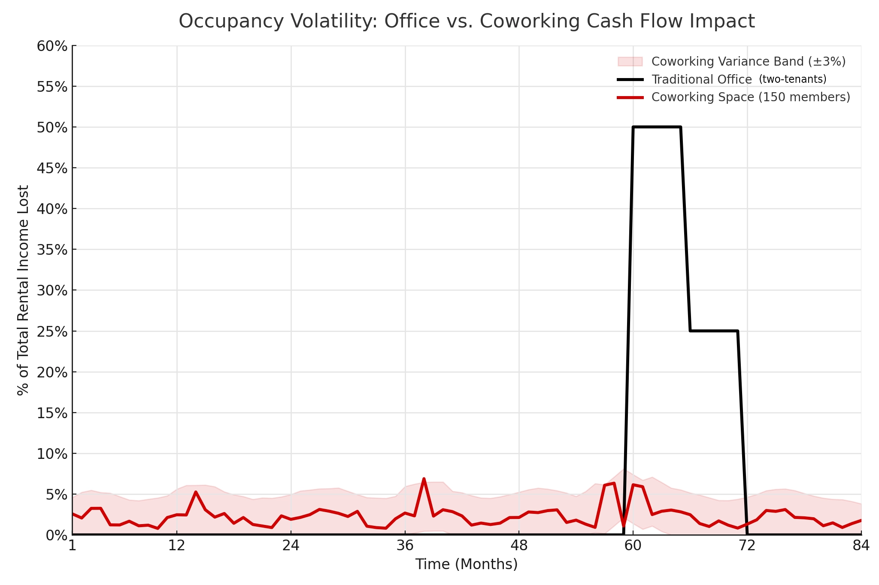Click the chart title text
click(x=467, y=21)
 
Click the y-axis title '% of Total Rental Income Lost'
click(x=23, y=290)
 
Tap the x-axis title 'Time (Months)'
click(x=467, y=564)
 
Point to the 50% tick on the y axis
click(x=52, y=127)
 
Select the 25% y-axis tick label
click(x=52, y=332)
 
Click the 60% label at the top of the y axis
click(x=52, y=46)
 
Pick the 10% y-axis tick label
click(x=52, y=454)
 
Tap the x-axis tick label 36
click(x=405, y=546)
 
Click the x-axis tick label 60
click(x=633, y=546)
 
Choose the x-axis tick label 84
click(x=861, y=546)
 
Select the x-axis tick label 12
click(x=177, y=546)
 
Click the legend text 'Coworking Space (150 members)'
click(x=751, y=97)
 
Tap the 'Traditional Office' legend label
click(x=702, y=79)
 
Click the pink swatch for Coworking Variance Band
click(x=630, y=61)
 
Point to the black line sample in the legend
click(x=630, y=79)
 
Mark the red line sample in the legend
click(x=630, y=97)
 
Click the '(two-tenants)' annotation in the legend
click(x=793, y=79)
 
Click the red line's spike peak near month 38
click(x=424, y=479)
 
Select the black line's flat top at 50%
click(x=657, y=127)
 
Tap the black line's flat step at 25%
click(x=714, y=331)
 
